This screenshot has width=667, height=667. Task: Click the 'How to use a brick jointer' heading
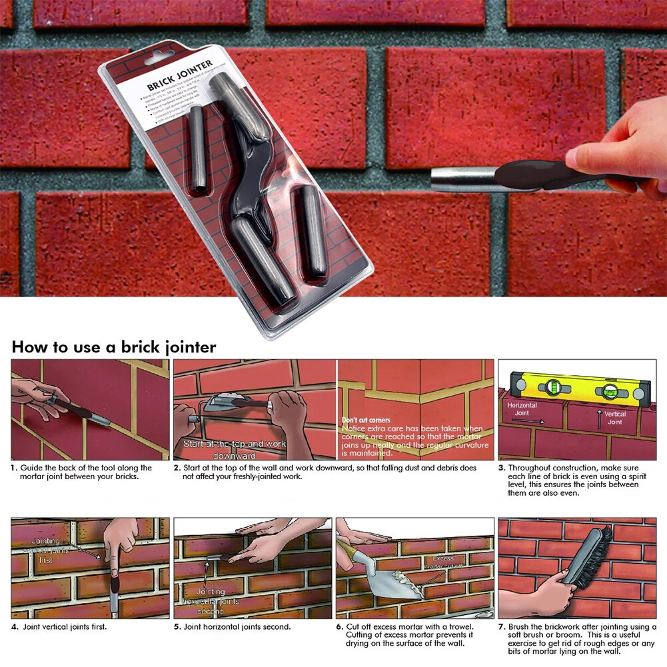[x=113, y=347]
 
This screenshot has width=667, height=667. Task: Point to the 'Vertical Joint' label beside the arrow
[x=615, y=418]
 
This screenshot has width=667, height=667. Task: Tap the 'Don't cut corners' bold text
[x=366, y=420]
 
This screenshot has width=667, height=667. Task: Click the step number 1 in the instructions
[x=14, y=468]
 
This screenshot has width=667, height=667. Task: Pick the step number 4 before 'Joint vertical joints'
[x=14, y=626]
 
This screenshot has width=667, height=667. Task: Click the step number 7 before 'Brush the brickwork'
[x=500, y=626]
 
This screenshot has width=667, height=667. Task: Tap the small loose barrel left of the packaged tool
[x=198, y=150]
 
